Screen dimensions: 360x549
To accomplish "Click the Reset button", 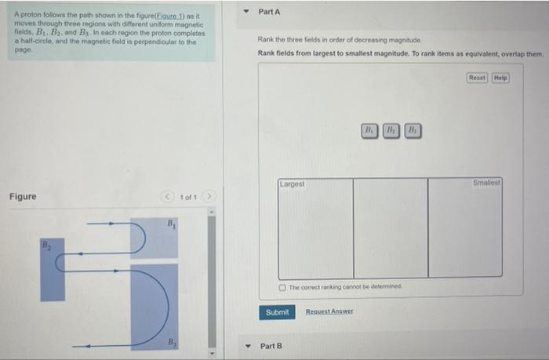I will [477, 78].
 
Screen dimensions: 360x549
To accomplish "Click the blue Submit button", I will [277, 312].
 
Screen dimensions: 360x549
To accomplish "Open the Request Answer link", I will [329, 312].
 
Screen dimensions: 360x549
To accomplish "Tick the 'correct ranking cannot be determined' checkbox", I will [283, 288].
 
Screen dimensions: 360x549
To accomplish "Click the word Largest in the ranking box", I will [293, 184].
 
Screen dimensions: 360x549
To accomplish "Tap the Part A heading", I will [269, 13].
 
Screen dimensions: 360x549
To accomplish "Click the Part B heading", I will [271, 346].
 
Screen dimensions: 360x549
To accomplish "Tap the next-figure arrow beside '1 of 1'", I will [211, 196].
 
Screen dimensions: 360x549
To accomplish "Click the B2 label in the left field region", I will [45, 248].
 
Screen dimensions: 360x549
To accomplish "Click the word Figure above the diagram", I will [23, 196].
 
